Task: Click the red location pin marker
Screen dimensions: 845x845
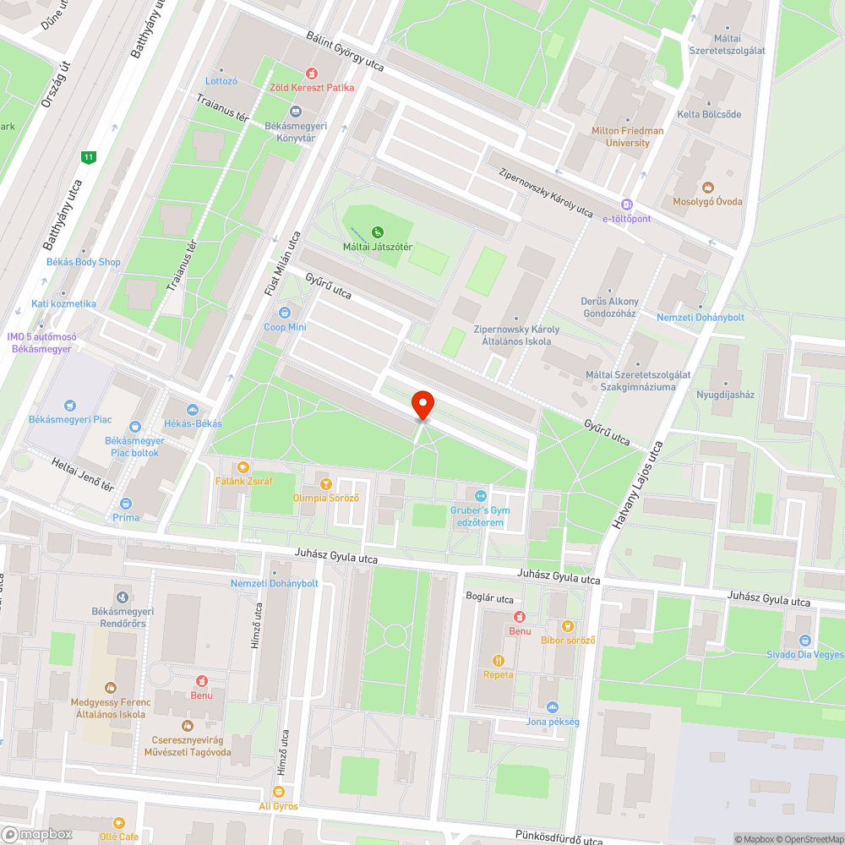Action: (x=422, y=405)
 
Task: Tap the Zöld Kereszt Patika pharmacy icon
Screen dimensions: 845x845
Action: (x=312, y=74)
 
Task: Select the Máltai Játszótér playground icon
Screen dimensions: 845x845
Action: (x=377, y=232)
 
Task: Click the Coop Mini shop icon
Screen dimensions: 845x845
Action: (x=285, y=313)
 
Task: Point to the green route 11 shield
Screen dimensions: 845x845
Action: (x=88, y=157)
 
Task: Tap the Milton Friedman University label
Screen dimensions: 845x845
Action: (x=627, y=137)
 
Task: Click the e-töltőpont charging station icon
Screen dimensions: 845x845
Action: (x=626, y=204)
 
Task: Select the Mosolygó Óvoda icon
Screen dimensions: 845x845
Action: (x=707, y=188)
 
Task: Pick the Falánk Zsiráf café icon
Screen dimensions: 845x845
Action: (x=243, y=466)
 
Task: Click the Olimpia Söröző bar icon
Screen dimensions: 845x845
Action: (x=326, y=483)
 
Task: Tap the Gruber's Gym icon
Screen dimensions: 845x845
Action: (x=481, y=496)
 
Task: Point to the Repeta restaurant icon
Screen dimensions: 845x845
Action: (x=498, y=661)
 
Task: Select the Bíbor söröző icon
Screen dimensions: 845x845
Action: (x=568, y=626)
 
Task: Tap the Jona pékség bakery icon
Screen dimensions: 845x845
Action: (x=553, y=707)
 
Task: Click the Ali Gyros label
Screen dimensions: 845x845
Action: (x=279, y=806)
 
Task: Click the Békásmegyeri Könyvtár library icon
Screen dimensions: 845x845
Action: (x=296, y=112)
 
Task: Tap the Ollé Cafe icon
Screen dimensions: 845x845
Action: (x=117, y=822)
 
